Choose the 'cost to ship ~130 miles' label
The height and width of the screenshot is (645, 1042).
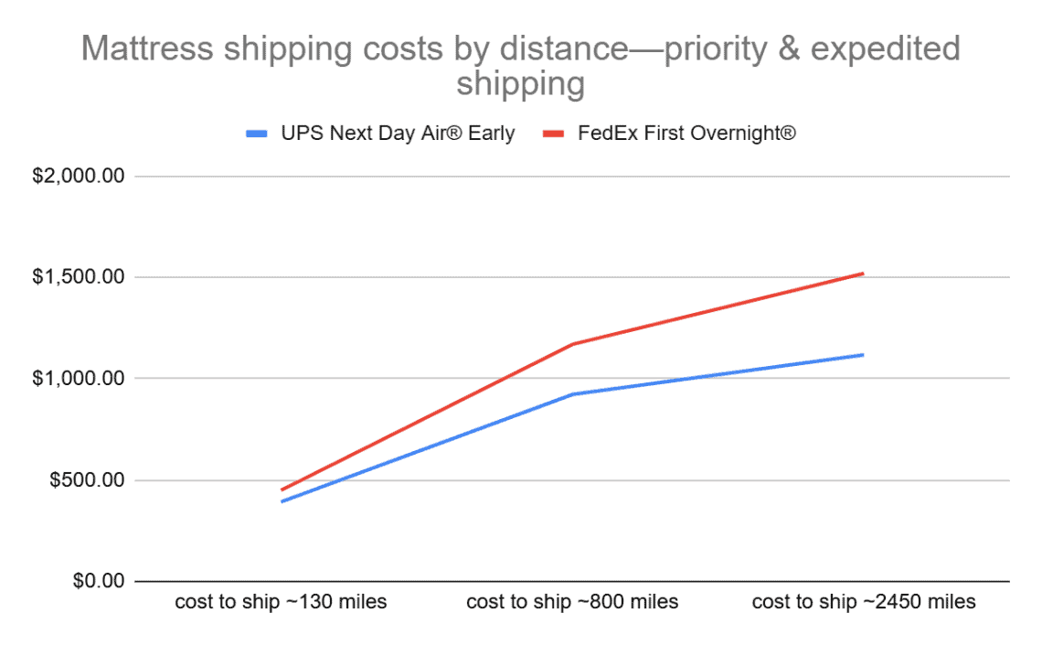tap(281, 603)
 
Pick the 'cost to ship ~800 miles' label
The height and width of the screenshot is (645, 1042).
tap(572, 603)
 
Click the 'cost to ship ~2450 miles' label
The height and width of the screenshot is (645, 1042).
tap(864, 603)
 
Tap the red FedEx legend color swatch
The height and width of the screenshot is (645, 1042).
tap(556, 134)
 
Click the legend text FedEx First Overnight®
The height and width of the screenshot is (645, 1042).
tap(686, 134)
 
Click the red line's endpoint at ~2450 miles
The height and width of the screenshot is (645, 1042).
tap(863, 274)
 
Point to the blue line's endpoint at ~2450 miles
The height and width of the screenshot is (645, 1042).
tap(863, 355)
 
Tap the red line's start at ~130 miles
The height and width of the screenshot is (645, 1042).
tap(282, 490)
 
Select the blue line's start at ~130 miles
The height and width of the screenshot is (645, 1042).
tap(282, 501)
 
